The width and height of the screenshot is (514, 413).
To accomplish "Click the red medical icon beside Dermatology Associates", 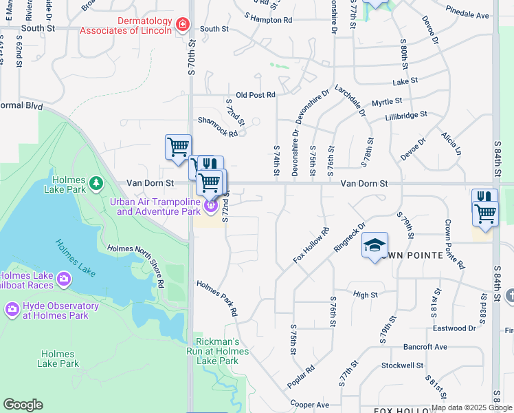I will pyautogui.click(x=182, y=26).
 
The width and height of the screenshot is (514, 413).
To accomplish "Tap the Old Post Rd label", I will pyautogui.click(x=255, y=95).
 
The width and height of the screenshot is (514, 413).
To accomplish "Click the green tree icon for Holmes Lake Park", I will pyautogui.click(x=97, y=182).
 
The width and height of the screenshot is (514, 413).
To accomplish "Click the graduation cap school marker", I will pyautogui.click(x=375, y=246).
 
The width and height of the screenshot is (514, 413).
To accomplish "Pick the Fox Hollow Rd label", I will pyautogui.click(x=311, y=245).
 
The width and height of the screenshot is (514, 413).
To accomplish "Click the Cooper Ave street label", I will pyautogui.click(x=309, y=405).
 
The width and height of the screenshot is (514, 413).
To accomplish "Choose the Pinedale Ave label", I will pyautogui.click(x=467, y=14).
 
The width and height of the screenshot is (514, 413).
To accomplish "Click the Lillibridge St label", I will pyautogui.click(x=406, y=114).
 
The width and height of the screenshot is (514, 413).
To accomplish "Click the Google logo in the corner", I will pyautogui.click(x=23, y=405).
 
